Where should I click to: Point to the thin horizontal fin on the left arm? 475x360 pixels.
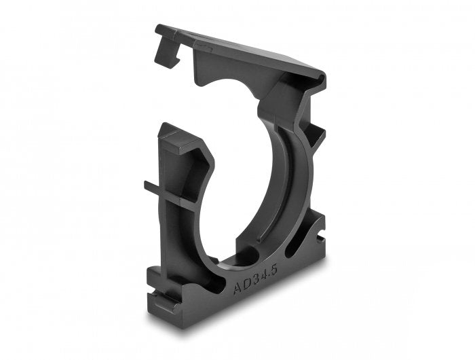[x=155, y=185]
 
